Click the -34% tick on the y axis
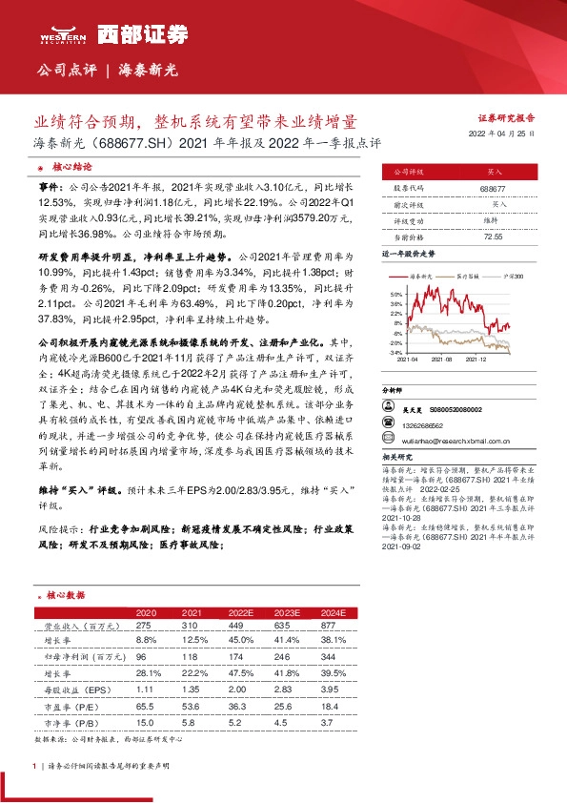pos(395,352)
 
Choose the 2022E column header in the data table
pos(242,611)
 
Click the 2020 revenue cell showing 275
pos(145,625)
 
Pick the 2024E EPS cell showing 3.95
pos(330,687)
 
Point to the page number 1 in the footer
pos(34,766)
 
